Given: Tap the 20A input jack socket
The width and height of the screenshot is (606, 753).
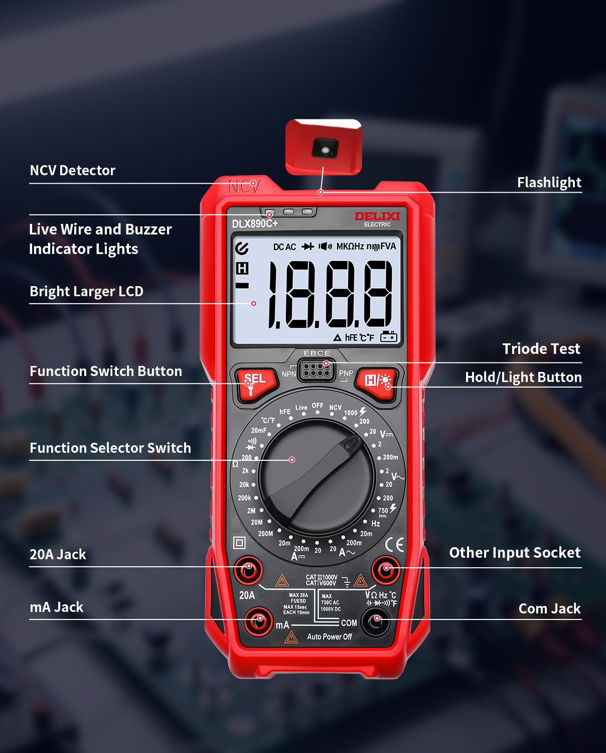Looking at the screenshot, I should (248, 570).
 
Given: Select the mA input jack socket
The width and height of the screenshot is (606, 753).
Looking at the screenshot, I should (259, 621).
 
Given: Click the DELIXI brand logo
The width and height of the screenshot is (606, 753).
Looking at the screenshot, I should (377, 216).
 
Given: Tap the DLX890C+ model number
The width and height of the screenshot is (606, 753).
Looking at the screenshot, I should (254, 224).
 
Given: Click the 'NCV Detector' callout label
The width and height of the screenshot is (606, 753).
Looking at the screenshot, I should (73, 171).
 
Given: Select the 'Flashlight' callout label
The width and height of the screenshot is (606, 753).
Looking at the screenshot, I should (549, 182).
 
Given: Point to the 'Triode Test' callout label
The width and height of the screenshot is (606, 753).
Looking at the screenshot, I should (541, 349).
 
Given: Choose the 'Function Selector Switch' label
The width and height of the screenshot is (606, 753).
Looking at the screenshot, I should (110, 448).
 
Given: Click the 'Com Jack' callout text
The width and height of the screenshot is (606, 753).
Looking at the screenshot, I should (549, 608).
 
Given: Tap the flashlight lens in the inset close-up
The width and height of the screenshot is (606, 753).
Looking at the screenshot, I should (325, 149).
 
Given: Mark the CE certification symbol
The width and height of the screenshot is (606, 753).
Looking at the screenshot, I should (394, 545).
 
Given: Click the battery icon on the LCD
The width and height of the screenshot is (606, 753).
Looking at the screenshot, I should (389, 337).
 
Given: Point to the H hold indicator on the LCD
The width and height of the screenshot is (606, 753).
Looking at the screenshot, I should (242, 269).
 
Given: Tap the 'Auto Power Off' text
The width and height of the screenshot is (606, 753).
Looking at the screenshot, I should (329, 637).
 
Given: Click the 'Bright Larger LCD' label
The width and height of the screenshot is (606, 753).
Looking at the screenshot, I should (86, 292).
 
